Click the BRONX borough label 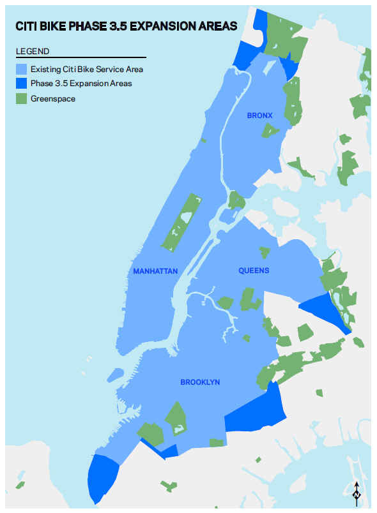pos(259,115)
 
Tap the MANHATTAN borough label pos(155,271)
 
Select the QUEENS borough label pos(254,271)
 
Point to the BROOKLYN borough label pos(200,382)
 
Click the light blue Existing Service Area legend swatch pos(22,69)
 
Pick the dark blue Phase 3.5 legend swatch pos(22,84)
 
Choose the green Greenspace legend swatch pos(22,98)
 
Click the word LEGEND pos(33,51)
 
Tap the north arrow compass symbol pos(357,493)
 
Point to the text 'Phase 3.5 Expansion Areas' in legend pos(81,84)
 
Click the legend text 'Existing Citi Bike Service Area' pos(87,69)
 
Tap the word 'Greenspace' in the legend pos(53,99)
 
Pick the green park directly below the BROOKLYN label pos(176,419)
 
